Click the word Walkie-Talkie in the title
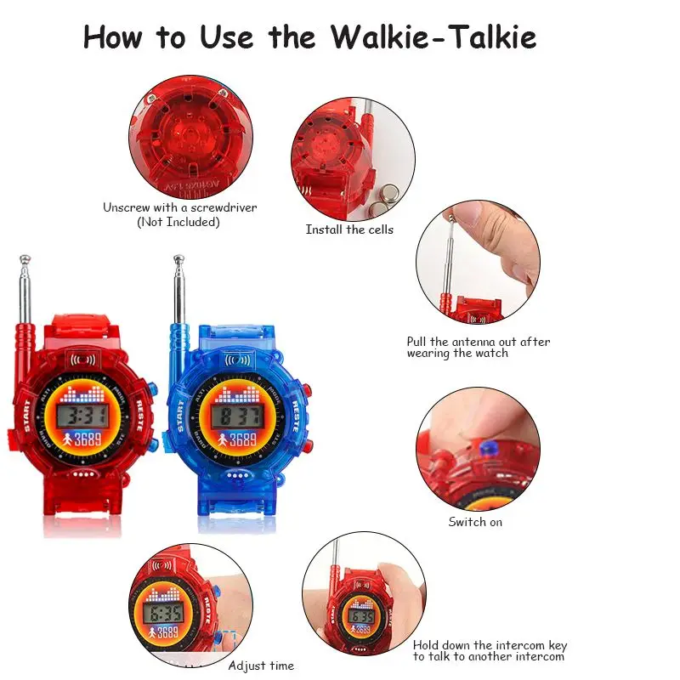(x=433, y=37)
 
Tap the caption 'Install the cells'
(x=349, y=229)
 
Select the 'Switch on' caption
(x=475, y=521)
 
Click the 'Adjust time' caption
(x=261, y=666)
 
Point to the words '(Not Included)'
(x=178, y=222)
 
